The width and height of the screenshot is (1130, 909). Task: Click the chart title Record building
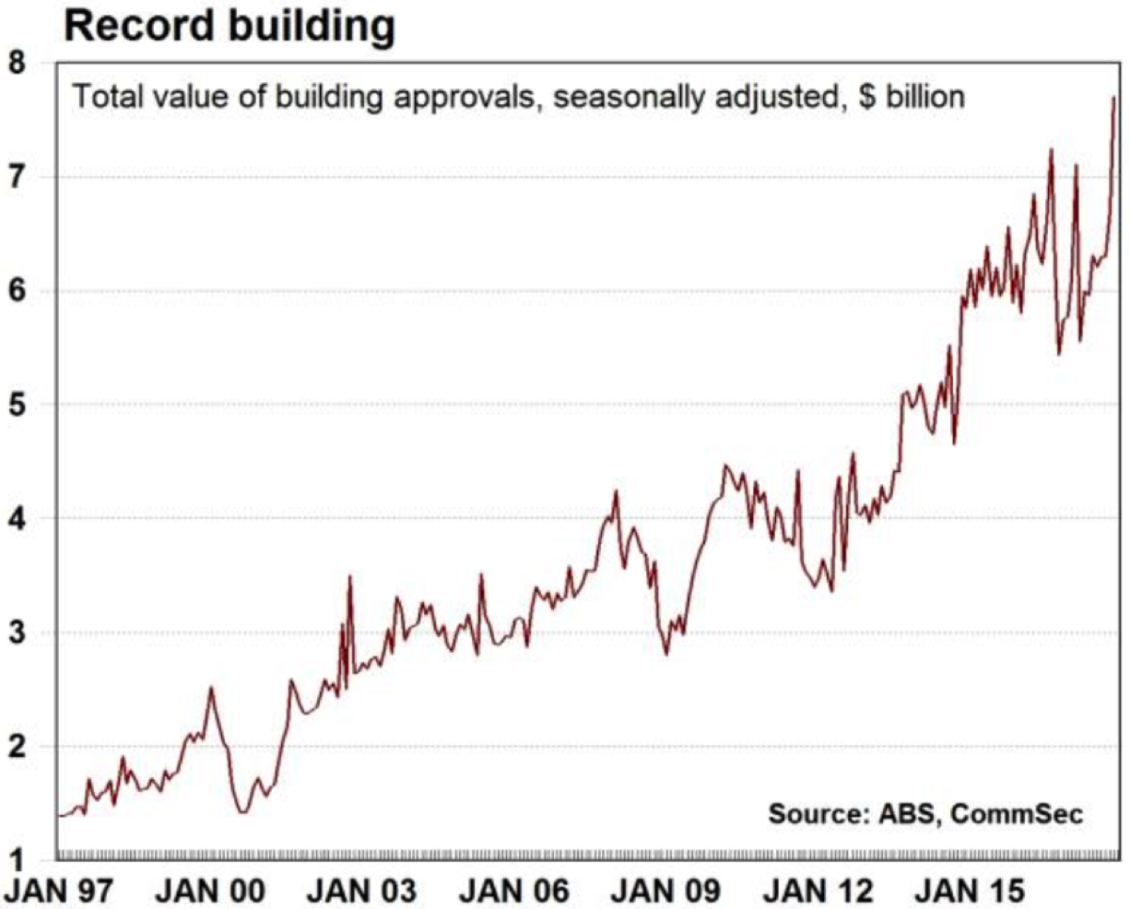229,26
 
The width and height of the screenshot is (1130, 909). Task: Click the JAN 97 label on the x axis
59,891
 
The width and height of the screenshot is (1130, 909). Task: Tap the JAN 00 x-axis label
210,891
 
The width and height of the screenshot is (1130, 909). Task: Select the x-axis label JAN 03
361,891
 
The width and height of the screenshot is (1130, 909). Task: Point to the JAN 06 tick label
513,891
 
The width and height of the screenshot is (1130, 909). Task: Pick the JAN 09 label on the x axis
665,891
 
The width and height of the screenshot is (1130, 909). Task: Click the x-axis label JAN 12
817,891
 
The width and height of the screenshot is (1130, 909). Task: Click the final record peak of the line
1114,98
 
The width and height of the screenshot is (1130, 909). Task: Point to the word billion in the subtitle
924,97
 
